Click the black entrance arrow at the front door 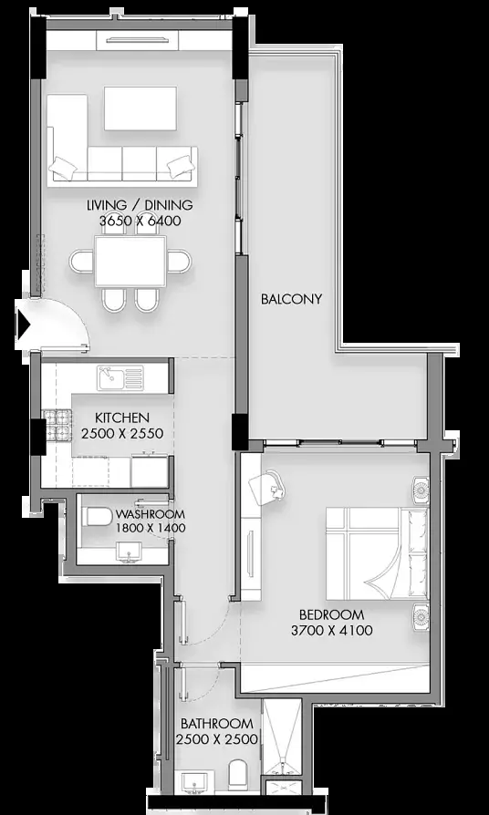click(24, 325)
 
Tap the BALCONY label click(291, 299)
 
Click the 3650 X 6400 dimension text click(140, 221)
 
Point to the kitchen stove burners click(57, 424)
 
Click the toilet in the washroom click(98, 517)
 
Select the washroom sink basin click(128, 551)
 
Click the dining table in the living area click(130, 262)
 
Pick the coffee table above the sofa click(140, 108)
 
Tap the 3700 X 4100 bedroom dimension click(332, 631)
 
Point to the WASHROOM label click(150, 514)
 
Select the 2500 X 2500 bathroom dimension click(217, 739)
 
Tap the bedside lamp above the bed click(421, 490)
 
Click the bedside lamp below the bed click(421, 616)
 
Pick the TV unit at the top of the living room click(138, 40)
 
